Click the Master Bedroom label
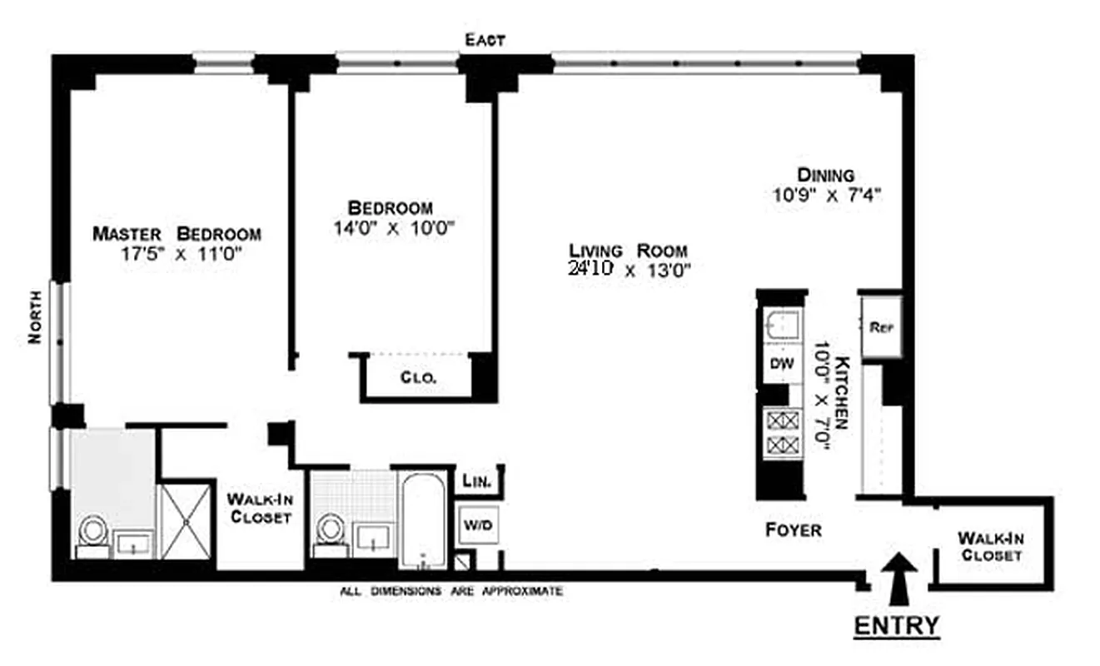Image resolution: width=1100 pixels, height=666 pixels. point(177,234)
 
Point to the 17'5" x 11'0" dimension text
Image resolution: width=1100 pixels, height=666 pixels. point(180,255)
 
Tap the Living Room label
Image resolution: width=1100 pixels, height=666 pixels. point(628,250)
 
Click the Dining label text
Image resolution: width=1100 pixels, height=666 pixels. point(825,175)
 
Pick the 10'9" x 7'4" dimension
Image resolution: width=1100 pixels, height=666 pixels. point(825,196)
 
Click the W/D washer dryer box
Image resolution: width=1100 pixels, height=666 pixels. point(477,525)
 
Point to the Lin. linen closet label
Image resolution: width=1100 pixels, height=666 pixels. point(479,482)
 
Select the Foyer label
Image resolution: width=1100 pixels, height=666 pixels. point(793,530)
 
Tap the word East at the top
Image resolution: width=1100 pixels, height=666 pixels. point(485,40)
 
